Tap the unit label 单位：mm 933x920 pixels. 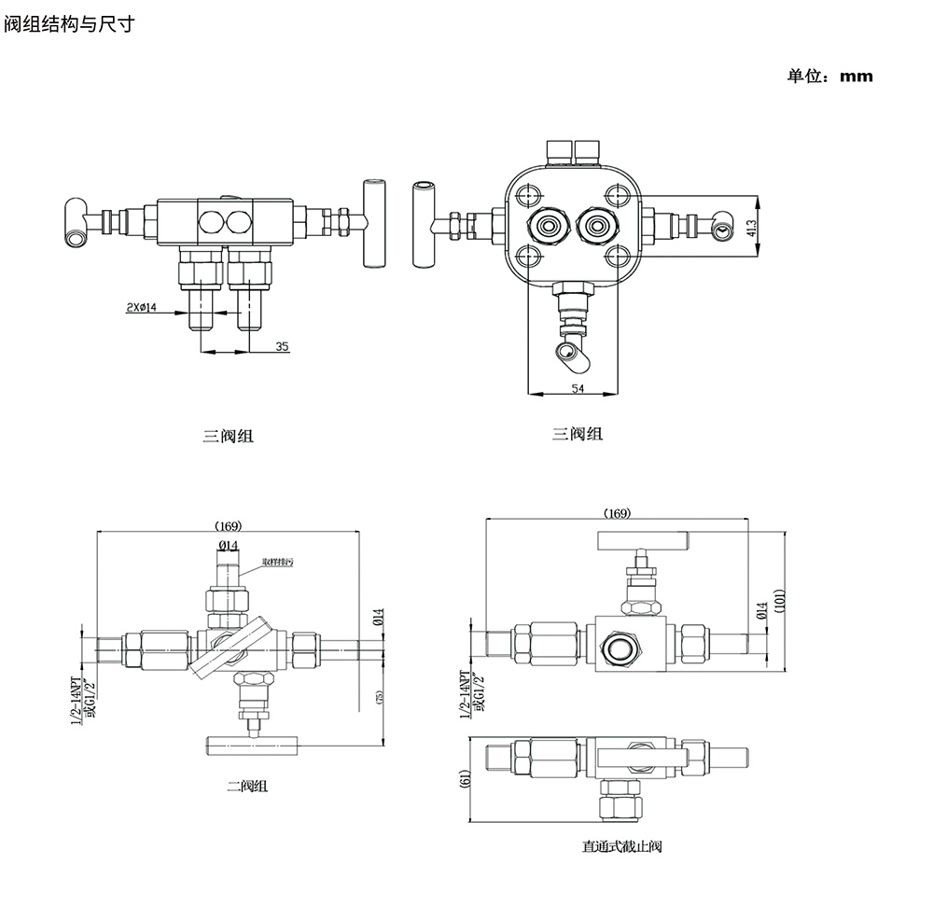tap(829, 77)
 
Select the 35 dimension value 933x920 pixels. tap(282, 346)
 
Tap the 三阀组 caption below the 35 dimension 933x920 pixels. tap(228, 436)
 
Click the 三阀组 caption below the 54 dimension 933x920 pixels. tap(577, 434)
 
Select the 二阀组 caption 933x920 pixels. tap(247, 787)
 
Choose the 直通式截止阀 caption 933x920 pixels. tap(621, 847)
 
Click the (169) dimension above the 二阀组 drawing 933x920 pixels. tap(229, 524)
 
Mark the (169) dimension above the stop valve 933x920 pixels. tap(617, 513)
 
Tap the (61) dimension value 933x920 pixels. tap(465, 780)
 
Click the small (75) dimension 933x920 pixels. tap(378, 696)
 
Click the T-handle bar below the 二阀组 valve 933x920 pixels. tap(251, 744)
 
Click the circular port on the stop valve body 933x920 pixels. tap(618, 647)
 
